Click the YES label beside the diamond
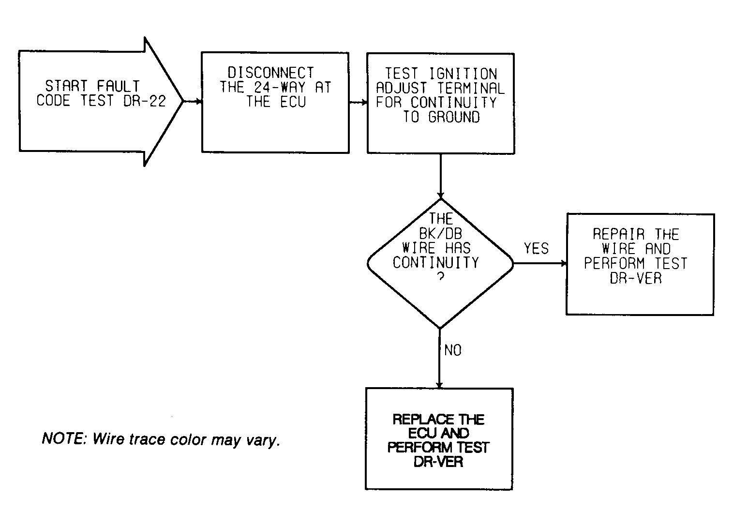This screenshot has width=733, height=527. pos(536,248)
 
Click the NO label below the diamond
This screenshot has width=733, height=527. pos(453,350)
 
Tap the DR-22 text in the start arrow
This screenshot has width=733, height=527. pos(145,101)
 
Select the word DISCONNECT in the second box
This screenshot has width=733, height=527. pos(270,73)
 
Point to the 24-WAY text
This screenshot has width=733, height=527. pos(280,87)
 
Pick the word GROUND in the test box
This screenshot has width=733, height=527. pos(454,117)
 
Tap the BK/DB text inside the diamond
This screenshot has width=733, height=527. pos(440,234)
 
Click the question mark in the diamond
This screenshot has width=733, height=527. pos(441,277)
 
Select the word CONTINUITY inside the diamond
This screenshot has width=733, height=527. pos(436,262)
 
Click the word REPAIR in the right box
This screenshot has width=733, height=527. pos(619,234)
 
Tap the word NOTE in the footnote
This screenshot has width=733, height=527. pos(62,438)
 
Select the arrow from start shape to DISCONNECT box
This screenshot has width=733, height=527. pos(193,102)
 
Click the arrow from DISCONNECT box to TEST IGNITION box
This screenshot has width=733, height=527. pos(359,103)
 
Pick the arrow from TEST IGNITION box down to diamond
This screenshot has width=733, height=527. pos(440,176)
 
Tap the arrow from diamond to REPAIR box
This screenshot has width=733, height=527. pos(540,263)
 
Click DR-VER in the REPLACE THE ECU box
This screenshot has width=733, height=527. pos(438,462)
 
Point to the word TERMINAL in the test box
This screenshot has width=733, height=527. pos(471,89)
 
